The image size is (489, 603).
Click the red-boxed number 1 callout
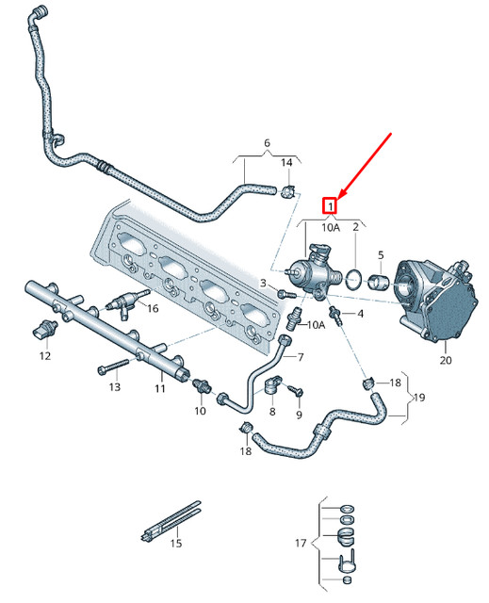[x=330, y=204]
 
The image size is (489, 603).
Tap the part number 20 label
[x=446, y=359]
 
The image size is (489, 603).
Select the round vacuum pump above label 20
[x=436, y=299]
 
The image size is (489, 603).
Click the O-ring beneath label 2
[x=354, y=278]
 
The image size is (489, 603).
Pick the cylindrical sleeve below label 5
[x=380, y=282]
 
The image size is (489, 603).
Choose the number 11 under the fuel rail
[x=160, y=387]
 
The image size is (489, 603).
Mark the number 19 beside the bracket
[x=418, y=398]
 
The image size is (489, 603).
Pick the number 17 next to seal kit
[x=301, y=544]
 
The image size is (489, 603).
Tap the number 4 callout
[x=359, y=312]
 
